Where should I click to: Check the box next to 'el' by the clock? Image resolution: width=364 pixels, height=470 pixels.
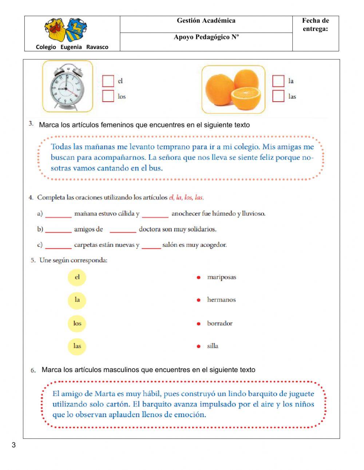point(108,81)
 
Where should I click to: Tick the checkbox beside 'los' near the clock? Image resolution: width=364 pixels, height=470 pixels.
point(108,96)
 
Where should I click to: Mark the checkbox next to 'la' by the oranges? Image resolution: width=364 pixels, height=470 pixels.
point(278,81)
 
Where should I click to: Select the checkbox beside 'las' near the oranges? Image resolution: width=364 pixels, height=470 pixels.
point(278,96)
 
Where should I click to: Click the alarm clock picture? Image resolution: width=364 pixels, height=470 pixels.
point(68,87)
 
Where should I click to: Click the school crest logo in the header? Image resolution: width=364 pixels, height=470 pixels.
point(66,30)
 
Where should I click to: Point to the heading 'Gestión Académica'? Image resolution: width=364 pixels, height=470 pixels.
point(206,21)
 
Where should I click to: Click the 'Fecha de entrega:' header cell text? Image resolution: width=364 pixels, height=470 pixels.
point(315,25)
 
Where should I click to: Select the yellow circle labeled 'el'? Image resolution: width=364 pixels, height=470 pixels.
point(77,277)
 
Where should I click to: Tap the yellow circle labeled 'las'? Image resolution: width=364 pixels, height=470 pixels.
point(77,346)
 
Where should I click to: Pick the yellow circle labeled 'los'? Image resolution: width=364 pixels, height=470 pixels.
point(77,323)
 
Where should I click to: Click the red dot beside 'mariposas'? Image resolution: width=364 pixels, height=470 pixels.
point(198,277)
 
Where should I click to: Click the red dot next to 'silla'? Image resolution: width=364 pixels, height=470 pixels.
point(198,346)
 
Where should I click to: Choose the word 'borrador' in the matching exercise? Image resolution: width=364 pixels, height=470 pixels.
point(219,323)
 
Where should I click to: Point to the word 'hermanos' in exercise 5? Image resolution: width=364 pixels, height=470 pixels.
point(221,300)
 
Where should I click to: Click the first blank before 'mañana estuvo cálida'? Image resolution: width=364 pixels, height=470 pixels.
point(58,214)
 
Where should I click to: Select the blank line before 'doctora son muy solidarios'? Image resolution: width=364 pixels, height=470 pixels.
point(123,230)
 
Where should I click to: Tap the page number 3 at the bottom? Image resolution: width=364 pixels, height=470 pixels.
point(14,445)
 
